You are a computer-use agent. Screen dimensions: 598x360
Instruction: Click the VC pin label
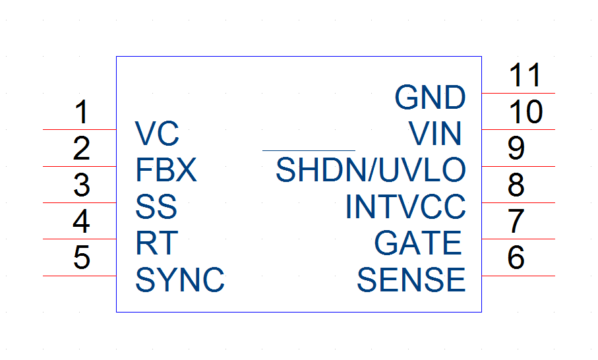[x=157, y=133]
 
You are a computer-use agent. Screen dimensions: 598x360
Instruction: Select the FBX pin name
[x=166, y=169]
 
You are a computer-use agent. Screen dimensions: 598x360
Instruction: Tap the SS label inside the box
[x=156, y=206]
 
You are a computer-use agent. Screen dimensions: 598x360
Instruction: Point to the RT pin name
[x=157, y=243]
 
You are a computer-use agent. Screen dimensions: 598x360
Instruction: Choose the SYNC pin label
[x=180, y=280]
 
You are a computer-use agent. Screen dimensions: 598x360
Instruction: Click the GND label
[x=430, y=97]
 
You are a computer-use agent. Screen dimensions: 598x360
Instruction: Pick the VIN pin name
[x=435, y=133]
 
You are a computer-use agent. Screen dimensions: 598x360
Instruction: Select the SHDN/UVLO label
[x=371, y=169]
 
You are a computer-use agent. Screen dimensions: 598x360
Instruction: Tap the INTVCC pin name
[x=405, y=206]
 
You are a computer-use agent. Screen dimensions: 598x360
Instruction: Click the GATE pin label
[x=418, y=243]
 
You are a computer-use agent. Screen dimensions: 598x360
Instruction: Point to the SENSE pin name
[x=411, y=280]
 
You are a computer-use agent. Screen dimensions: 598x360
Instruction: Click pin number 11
[x=525, y=75]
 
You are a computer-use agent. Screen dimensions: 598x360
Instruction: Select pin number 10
[x=526, y=111]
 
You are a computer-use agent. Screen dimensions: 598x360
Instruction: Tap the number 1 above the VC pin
[x=82, y=111]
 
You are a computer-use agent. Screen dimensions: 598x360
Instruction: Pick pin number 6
[x=516, y=257]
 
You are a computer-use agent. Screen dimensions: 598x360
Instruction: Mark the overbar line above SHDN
[x=309, y=151]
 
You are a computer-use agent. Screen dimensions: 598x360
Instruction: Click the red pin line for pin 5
[x=80, y=276]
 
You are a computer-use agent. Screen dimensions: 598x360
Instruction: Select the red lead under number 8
[x=518, y=203]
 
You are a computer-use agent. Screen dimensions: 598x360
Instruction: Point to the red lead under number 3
[x=80, y=203]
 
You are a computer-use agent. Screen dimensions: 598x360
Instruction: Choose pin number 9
[x=516, y=148]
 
